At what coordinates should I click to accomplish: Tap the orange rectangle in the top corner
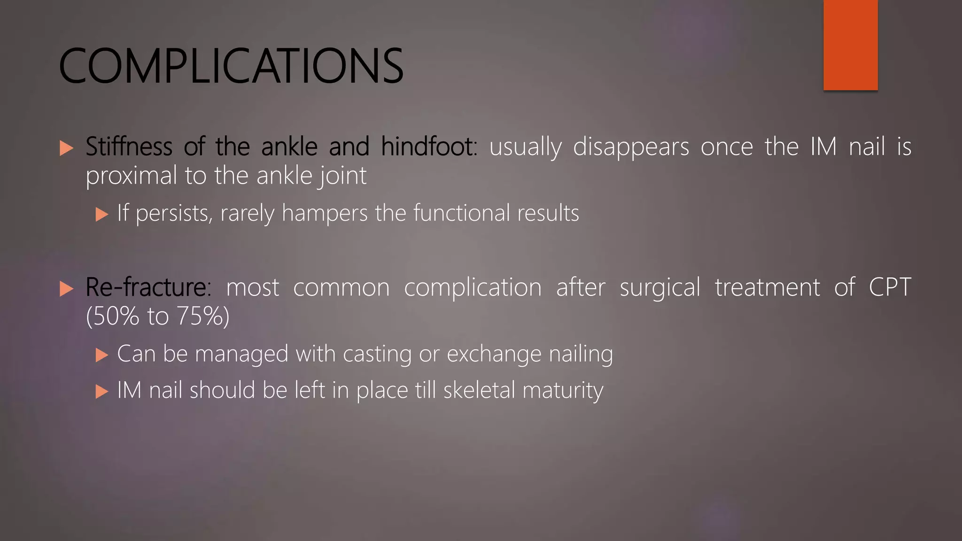point(850,45)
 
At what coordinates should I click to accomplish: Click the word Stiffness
point(129,147)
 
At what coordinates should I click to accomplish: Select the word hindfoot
point(428,147)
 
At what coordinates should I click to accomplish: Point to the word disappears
point(631,147)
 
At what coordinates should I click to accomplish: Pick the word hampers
point(325,214)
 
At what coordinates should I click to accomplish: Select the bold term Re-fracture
point(146,287)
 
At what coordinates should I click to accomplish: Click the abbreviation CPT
point(890,287)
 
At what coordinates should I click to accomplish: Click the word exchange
point(494,354)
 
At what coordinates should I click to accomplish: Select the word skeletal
point(479,390)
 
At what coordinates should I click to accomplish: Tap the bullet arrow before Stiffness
point(67,148)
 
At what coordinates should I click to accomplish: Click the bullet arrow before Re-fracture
point(67,289)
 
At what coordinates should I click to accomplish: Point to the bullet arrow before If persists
point(101,215)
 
